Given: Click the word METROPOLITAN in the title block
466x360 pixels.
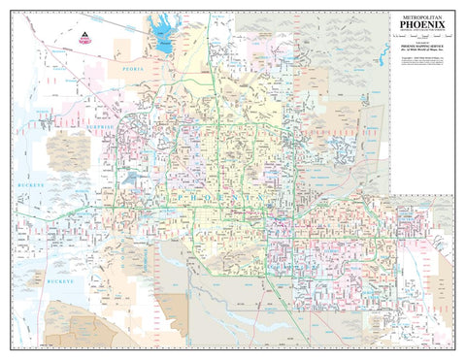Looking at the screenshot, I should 426,16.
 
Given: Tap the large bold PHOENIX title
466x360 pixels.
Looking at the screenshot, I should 426,26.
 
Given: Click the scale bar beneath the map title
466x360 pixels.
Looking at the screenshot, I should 426,44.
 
